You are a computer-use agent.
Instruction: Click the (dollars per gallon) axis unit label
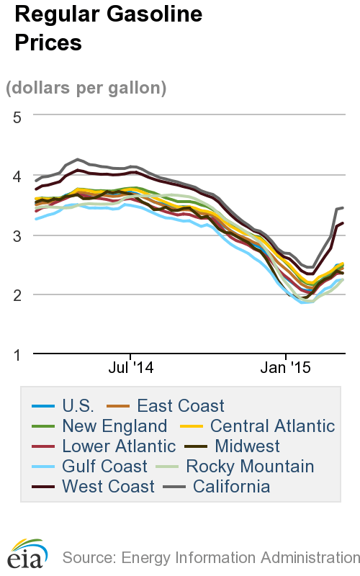86,88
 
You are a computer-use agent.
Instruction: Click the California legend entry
230,487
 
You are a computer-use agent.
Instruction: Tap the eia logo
27,553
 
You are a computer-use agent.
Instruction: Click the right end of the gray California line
343,207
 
